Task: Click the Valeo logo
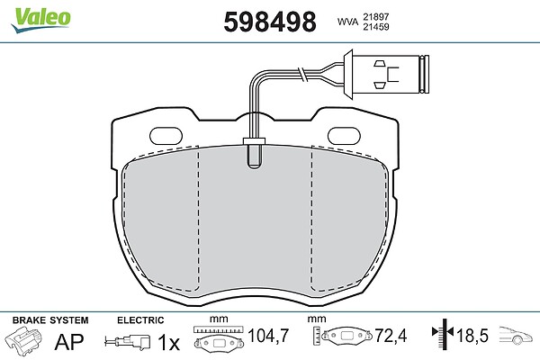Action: tap(40, 20)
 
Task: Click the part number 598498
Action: tap(270, 22)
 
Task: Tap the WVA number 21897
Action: tap(375, 16)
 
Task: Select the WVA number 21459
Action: tap(375, 27)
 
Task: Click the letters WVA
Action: tap(347, 22)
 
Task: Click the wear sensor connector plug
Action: tap(386, 74)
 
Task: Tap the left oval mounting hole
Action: tap(166, 136)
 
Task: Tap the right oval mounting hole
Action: tap(344, 136)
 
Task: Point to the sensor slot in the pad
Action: tap(254, 156)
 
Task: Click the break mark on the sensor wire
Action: tap(302, 75)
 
